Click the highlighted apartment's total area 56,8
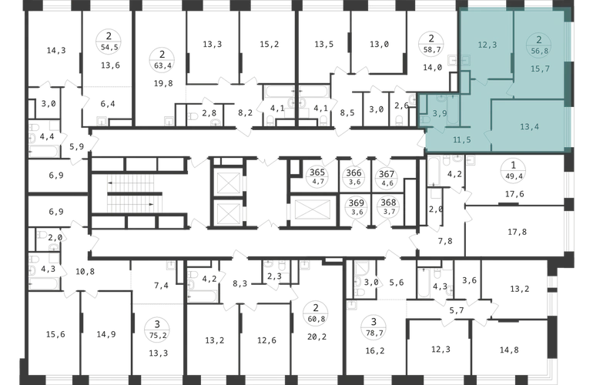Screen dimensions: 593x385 point(540,51)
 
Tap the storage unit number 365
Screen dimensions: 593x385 point(317,172)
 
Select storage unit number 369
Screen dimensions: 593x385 point(357,203)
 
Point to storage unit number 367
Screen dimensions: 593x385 point(387,174)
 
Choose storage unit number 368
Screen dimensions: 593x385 point(388,203)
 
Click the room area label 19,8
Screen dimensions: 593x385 point(163,83)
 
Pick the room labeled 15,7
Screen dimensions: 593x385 point(540,69)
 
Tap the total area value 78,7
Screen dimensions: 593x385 point(374,333)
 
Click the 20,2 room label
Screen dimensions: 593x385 point(317,336)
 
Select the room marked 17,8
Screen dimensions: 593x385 point(517,232)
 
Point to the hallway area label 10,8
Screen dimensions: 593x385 point(85,272)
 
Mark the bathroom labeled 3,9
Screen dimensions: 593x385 point(440,113)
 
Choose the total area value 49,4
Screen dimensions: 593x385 point(513,176)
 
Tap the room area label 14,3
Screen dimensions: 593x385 point(56,50)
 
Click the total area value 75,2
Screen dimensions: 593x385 point(158,335)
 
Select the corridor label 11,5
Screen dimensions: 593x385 point(462,140)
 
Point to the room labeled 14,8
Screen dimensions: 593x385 point(509,350)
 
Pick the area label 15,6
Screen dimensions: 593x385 point(55,334)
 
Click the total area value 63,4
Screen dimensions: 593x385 point(162,65)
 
